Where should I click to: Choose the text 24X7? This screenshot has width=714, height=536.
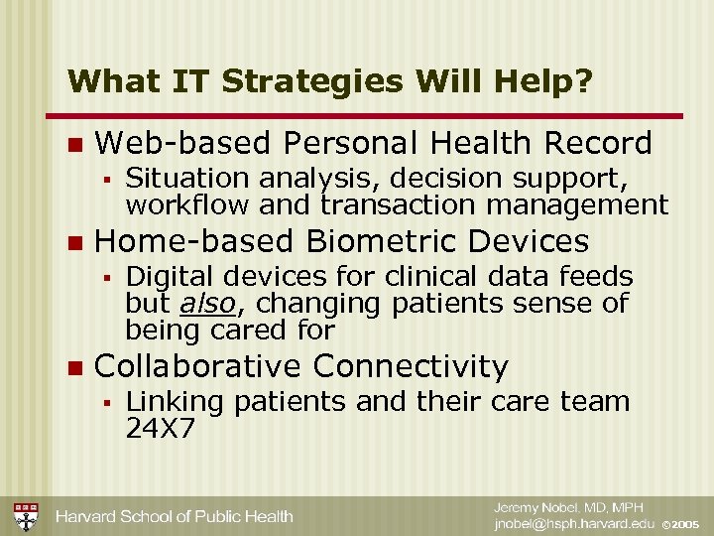(160, 428)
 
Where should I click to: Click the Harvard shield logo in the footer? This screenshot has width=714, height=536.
(25, 516)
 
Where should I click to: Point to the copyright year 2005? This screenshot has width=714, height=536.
(686, 524)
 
